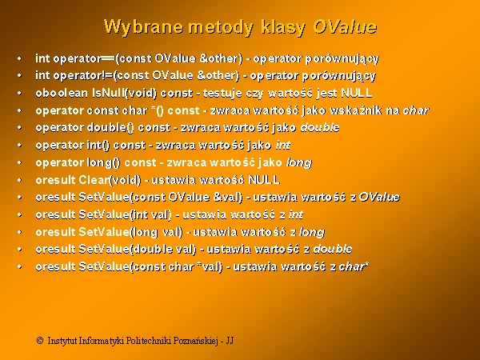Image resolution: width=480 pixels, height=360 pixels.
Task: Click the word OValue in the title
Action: click(345, 26)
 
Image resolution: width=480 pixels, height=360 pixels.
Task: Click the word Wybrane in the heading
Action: click(143, 27)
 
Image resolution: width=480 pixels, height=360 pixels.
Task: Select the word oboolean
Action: click(62, 93)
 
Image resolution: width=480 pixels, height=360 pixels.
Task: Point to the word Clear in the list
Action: click(94, 180)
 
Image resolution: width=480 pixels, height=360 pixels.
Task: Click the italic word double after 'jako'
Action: click(320, 127)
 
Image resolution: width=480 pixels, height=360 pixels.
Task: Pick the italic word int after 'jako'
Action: click(283, 145)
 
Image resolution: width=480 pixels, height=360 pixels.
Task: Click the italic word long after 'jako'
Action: click(299, 162)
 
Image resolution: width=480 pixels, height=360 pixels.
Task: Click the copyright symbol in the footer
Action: click(40, 341)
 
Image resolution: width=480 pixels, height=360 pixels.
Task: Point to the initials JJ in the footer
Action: click(230, 341)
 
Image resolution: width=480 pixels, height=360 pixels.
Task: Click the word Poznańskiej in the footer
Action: click(196, 341)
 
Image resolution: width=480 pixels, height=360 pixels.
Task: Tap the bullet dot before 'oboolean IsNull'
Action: click(19, 93)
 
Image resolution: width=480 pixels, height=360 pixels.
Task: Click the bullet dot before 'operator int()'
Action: click(19, 145)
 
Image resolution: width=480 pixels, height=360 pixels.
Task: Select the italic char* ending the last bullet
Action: click(354, 266)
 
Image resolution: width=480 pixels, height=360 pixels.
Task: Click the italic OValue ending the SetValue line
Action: click(379, 197)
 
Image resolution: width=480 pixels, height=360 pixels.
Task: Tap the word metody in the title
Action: click(221, 27)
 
